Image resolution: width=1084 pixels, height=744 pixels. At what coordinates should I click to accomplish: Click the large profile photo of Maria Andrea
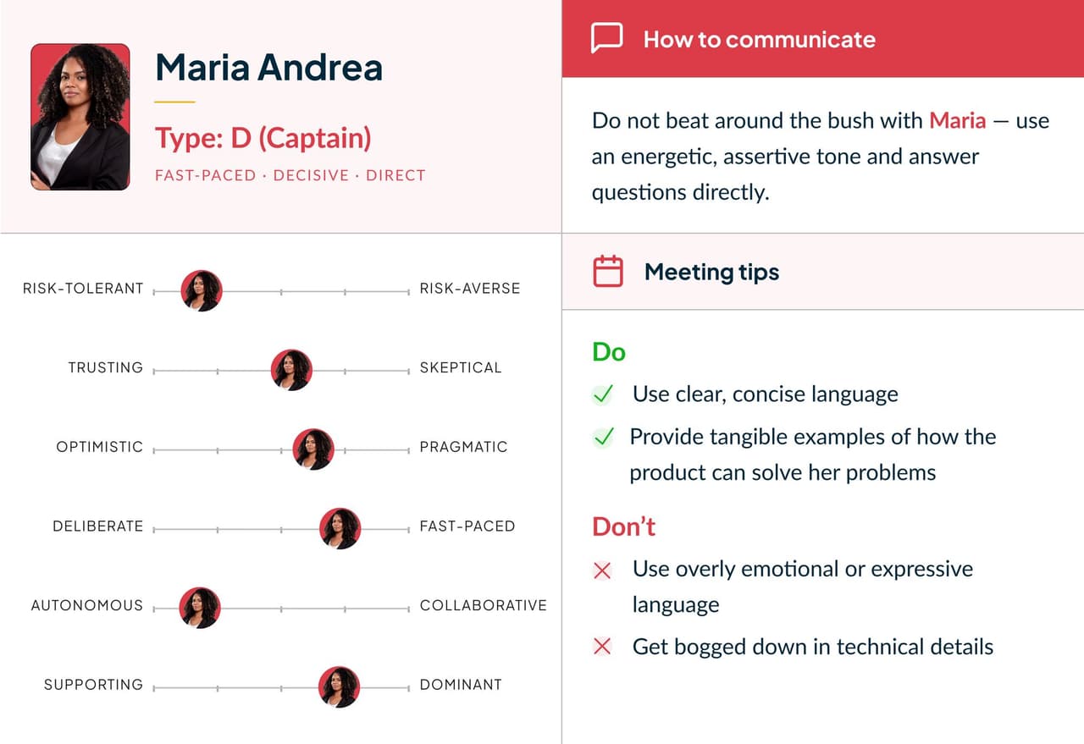[80, 117]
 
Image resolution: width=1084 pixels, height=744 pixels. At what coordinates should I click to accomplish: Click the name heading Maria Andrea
[268, 68]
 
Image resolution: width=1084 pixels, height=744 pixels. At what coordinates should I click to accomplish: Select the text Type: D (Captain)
[263, 138]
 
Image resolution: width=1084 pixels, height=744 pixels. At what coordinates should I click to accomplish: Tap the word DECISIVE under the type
[311, 175]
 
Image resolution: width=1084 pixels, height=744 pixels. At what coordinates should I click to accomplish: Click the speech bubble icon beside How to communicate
[606, 39]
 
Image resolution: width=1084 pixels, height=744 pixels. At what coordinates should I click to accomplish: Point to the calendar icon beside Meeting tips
[607, 272]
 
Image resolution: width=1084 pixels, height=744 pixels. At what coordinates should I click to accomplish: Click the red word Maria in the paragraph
[957, 120]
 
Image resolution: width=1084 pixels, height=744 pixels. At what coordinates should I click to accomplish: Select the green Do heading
[608, 351]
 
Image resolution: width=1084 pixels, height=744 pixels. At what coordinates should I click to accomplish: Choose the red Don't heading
[623, 526]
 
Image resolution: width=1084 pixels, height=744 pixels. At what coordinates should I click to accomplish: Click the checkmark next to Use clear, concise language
[602, 394]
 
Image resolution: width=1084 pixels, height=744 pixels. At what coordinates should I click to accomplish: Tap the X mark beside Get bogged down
[602, 648]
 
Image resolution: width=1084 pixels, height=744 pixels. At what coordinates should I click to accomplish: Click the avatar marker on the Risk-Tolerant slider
[202, 291]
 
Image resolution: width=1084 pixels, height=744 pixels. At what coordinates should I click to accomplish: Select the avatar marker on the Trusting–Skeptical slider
[291, 370]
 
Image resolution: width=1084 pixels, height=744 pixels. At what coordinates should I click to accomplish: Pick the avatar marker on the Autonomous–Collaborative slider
[200, 608]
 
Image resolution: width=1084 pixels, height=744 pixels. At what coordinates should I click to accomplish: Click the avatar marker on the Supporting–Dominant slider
[339, 687]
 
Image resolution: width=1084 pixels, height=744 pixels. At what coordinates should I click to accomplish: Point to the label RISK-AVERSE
[469, 289]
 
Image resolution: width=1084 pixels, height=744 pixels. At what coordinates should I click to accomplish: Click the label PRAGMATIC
[463, 447]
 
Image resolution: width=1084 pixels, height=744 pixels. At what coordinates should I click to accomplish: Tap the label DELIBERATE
[97, 526]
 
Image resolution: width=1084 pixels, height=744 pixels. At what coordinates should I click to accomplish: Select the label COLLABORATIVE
[483, 605]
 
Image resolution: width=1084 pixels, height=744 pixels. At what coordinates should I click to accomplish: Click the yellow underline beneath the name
[174, 102]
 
